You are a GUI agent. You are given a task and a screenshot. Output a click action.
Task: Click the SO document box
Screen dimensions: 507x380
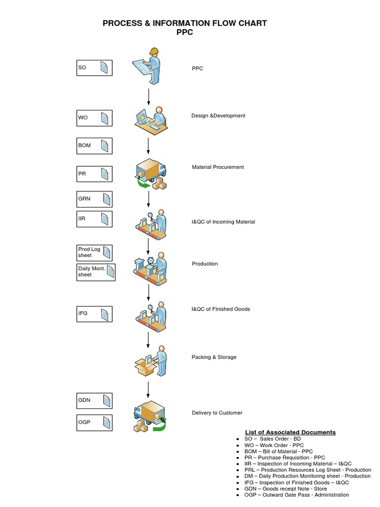click(94, 68)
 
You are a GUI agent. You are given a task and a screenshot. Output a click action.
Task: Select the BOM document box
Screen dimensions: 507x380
click(94, 146)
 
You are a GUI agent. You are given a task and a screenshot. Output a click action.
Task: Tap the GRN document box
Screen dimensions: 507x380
click(94, 199)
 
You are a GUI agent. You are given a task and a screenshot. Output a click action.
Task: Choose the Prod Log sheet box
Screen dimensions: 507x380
click(94, 253)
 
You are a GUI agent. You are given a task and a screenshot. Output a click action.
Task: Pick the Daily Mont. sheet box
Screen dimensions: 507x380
click(95, 272)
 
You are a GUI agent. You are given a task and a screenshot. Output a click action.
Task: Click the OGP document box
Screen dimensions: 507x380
click(94, 422)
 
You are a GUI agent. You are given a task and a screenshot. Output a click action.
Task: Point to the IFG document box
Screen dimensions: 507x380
click(94, 313)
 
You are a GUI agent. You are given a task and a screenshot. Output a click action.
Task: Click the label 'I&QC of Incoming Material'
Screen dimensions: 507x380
click(223, 222)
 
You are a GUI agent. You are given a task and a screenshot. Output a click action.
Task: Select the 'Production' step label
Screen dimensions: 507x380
click(204, 264)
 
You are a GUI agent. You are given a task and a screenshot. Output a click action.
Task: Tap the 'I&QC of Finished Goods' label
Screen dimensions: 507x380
click(221, 309)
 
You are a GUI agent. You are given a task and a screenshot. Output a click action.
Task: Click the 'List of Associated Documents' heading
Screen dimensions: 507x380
click(290, 432)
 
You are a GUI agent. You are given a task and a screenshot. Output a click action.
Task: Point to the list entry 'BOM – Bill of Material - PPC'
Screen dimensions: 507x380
click(279, 452)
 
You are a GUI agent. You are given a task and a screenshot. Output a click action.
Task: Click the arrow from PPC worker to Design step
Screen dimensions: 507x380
click(148, 97)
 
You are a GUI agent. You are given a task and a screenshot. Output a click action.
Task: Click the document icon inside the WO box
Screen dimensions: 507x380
click(105, 118)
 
